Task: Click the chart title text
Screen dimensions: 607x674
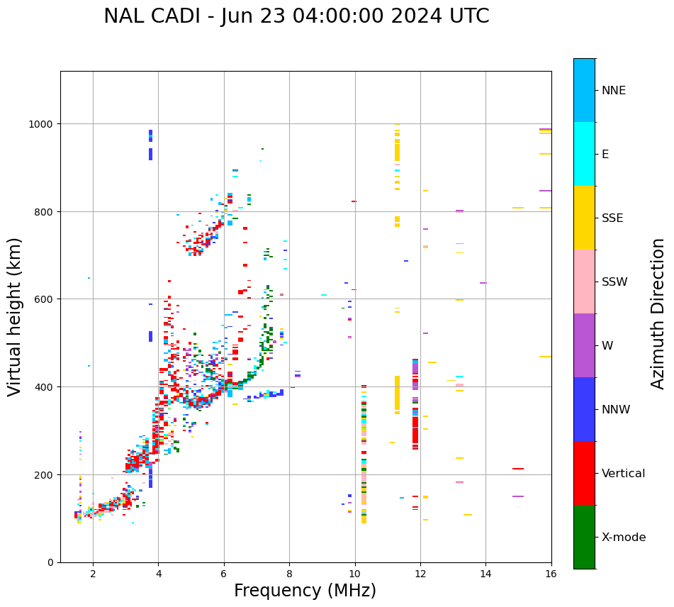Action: [296, 16]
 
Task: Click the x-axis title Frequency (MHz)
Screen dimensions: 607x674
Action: [305, 591]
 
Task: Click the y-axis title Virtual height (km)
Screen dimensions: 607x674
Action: [15, 316]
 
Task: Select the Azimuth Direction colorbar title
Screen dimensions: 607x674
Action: [658, 313]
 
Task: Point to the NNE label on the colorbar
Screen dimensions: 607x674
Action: [614, 91]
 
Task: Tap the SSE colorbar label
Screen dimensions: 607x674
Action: [612, 218]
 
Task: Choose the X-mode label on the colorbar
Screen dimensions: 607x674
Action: [624, 538]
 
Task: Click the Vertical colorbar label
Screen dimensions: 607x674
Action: [623, 474]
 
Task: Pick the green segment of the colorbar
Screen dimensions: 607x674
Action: [584, 537]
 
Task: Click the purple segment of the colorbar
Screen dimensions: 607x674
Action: [584, 345]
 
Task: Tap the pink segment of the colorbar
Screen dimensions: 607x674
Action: [584, 282]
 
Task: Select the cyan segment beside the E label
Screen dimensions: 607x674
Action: [584, 154]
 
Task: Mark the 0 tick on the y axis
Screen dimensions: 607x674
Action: [50, 562]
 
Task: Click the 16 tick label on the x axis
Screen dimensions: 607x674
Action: [551, 574]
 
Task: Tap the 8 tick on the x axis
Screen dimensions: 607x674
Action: [289, 574]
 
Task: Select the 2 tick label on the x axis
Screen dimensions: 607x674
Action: [93, 574]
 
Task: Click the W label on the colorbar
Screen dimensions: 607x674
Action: [607, 346]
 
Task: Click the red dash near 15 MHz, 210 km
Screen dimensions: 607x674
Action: [518, 469]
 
